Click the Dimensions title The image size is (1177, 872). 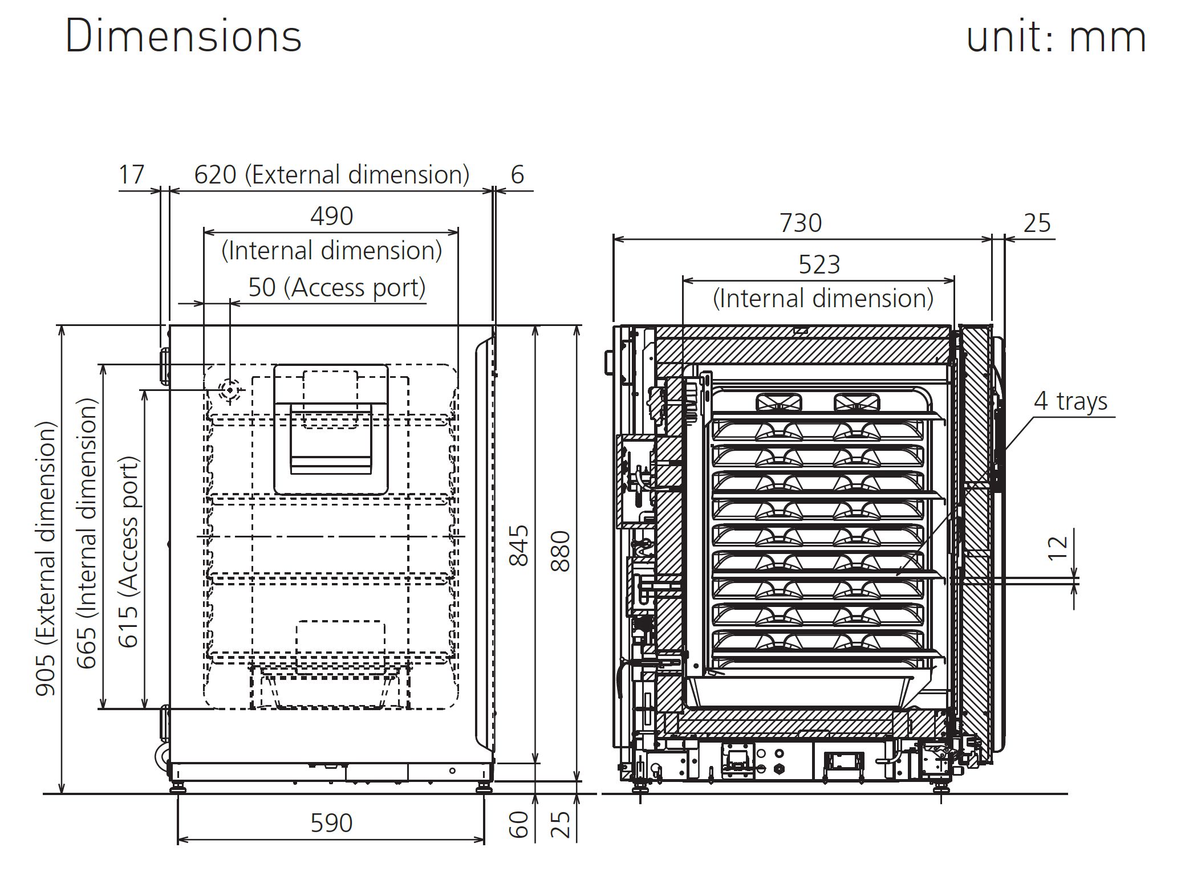point(183,36)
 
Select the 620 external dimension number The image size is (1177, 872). point(215,174)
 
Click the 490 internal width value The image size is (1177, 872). point(331,217)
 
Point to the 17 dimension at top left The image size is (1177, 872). point(131,174)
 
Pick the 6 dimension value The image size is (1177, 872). point(517,174)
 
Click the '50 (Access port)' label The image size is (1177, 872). point(336,287)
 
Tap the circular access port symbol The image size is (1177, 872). point(230,390)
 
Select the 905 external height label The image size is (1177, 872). point(46,559)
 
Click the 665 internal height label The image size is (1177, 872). point(87,533)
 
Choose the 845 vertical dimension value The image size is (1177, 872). point(519,545)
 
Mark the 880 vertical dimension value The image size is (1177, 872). point(561,551)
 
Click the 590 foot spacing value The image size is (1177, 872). point(331,823)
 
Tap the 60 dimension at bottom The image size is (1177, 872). point(519,825)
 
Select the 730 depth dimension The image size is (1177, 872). point(801,223)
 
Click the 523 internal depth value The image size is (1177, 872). point(819,264)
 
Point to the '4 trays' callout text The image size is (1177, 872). point(1070,401)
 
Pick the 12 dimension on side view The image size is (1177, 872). point(1058,548)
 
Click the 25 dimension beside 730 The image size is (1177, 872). point(1037,223)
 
